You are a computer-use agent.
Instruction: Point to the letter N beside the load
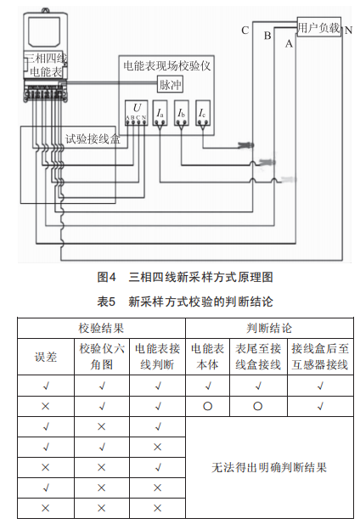(x=348, y=31)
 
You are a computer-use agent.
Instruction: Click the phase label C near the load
(x=245, y=31)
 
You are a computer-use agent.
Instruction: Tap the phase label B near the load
(x=267, y=36)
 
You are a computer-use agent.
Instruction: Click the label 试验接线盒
(x=93, y=138)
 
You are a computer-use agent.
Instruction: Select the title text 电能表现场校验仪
(x=167, y=66)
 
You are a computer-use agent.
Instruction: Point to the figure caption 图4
(x=106, y=277)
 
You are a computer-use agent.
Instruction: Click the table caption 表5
(x=106, y=301)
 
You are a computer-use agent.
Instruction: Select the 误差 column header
(x=46, y=357)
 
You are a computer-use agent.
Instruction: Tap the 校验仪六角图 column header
(x=102, y=357)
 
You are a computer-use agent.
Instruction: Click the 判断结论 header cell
(x=269, y=328)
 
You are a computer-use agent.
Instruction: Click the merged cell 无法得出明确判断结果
(x=269, y=467)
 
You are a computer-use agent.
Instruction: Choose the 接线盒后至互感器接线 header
(x=320, y=357)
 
